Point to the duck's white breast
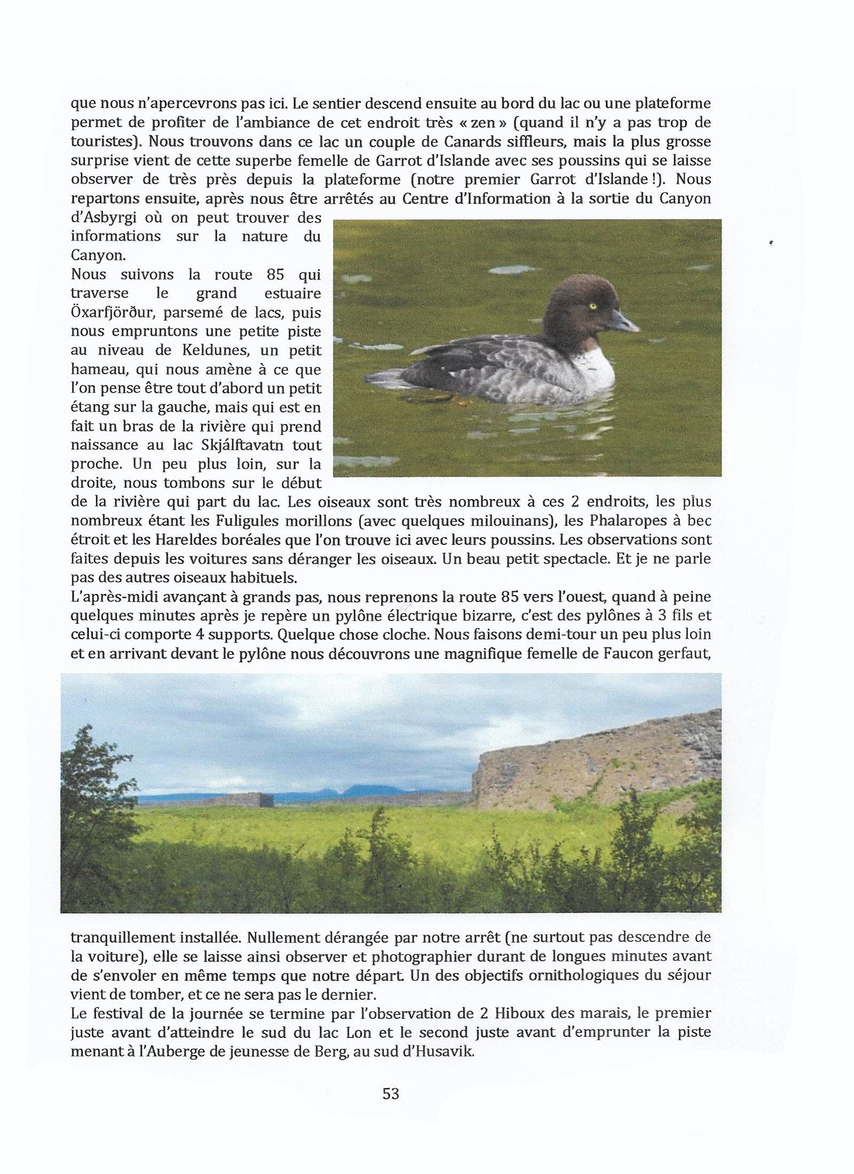pyautogui.click(x=592, y=368)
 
